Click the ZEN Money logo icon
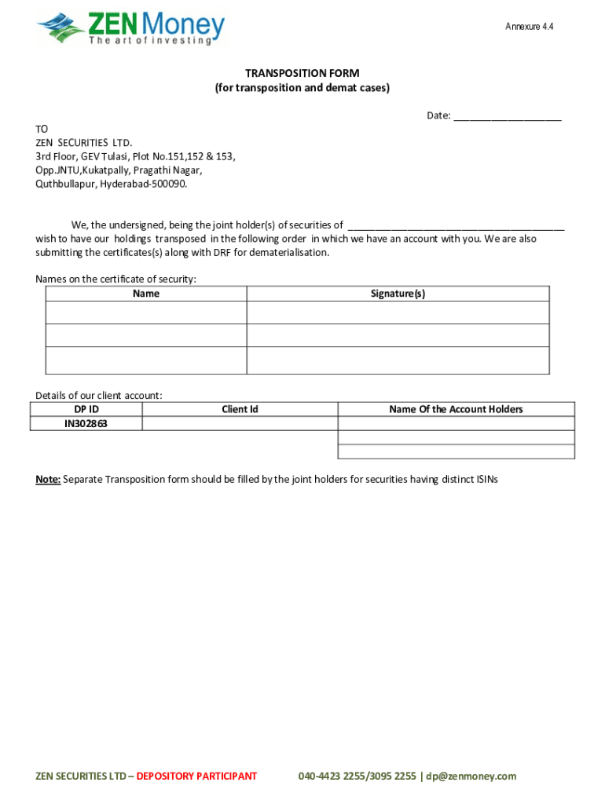coord(60,28)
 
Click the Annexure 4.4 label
coord(529,27)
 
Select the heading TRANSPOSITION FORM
coord(302,73)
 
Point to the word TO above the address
coord(42,129)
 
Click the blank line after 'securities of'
coord(456,225)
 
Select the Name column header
coord(146,294)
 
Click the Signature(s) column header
coord(398,294)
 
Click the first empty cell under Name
coord(146,312)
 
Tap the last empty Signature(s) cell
coord(398,360)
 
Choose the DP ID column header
coord(86,409)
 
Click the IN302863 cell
coord(86,424)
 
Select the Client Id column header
coord(240,409)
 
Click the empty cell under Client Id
coord(240,424)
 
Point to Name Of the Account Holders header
coord(456,409)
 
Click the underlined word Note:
coord(48,479)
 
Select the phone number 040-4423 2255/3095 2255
coord(357,777)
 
